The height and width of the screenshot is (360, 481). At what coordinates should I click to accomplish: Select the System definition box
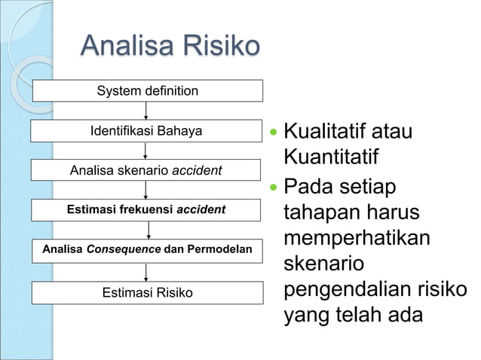(x=147, y=91)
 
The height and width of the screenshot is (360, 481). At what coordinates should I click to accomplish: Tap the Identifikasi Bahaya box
(x=147, y=131)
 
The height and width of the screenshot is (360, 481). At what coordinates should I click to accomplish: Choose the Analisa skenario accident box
(x=147, y=170)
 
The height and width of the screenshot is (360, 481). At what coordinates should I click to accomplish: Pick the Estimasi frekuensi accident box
(x=147, y=209)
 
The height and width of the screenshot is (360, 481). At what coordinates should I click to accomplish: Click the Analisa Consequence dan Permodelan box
(x=147, y=249)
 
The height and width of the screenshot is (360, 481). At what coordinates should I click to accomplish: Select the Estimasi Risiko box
(x=147, y=292)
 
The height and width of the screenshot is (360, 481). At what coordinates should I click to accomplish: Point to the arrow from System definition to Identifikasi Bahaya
(x=146, y=111)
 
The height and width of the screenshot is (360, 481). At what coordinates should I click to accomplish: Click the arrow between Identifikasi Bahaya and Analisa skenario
(x=146, y=151)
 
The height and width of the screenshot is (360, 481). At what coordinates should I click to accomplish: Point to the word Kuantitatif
(x=331, y=159)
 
